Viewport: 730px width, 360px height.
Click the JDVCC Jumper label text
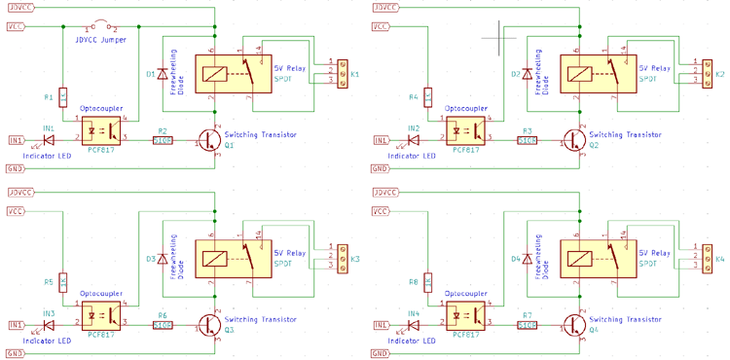click(x=102, y=40)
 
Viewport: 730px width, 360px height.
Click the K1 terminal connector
click(x=342, y=74)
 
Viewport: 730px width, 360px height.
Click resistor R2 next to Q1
click(x=163, y=140)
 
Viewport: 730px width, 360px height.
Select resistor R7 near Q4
click(x=528, y=325)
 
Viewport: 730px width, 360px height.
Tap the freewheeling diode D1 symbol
click(x=162, y=74)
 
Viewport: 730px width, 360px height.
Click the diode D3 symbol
click(x=162, y=260)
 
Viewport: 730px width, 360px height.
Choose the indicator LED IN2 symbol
click(x=415, y=140)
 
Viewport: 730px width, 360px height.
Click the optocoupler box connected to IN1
click(x=99, y=129)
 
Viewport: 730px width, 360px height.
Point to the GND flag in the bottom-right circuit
click(x=383, y=352)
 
